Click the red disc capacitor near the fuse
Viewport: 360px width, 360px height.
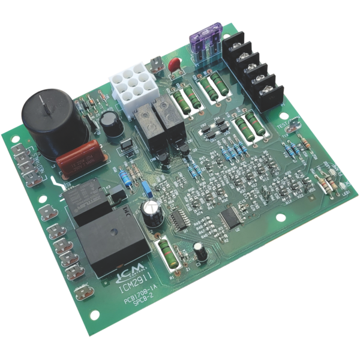pos(174,64)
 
